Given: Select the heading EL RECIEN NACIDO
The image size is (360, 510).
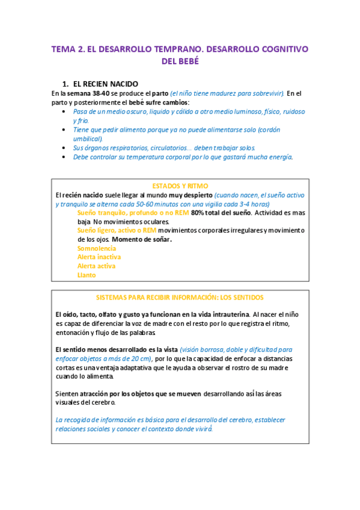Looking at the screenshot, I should (105, 84).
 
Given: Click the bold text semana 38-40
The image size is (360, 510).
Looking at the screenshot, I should (88, 93).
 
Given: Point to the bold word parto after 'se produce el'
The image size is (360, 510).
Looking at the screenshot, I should (158, 93).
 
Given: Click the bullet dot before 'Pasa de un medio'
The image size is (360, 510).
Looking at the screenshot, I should (65, 112).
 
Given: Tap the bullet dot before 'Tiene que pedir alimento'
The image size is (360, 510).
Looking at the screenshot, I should (65, 130).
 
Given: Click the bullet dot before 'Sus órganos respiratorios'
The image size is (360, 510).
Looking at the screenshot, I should (65, 148).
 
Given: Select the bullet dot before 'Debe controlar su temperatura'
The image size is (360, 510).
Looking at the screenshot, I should (65, 157).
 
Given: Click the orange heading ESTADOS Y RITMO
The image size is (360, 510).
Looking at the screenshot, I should (180, 186).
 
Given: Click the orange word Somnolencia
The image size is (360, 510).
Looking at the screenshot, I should (96, 248).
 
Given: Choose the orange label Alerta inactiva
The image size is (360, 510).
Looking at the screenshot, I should (99, 257).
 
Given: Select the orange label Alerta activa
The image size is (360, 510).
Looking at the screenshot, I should (96, 266).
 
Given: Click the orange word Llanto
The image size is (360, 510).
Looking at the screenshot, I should (87, 275).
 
